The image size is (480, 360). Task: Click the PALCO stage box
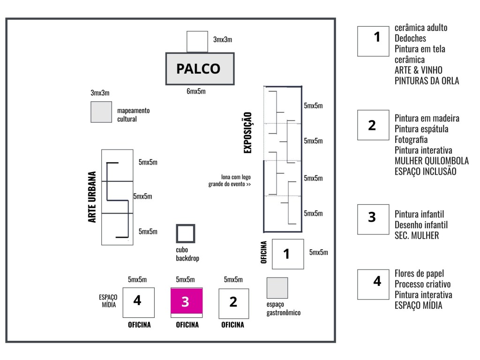200,68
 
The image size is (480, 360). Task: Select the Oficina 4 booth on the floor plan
138,302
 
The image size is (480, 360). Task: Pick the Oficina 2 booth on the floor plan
233,303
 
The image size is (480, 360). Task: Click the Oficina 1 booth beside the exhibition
288,254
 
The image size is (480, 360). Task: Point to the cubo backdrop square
186,233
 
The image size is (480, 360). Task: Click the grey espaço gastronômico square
277,288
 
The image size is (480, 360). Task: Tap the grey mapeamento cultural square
101,112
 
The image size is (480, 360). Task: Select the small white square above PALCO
197,42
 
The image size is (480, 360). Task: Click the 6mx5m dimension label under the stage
196,91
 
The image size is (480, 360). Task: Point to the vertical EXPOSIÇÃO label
247,132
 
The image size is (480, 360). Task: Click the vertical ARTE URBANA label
92,197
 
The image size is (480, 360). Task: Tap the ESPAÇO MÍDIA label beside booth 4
108,300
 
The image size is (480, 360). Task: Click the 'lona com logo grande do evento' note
230,180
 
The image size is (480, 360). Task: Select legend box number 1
373,41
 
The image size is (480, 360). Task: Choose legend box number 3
373,219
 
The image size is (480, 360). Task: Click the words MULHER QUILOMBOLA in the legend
432,161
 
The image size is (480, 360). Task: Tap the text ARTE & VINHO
419,70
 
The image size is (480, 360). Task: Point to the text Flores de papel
419,273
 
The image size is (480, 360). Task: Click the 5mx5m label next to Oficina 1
318,252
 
